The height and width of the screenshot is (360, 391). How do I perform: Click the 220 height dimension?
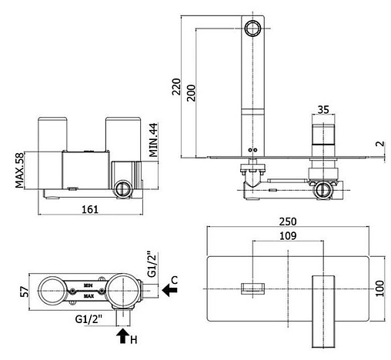tap(176, 87)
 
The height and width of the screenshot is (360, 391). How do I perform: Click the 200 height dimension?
tap(191, 93)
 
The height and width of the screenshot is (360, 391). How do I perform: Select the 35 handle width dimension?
tap(323, 109)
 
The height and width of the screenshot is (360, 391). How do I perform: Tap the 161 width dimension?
tap(90, 209)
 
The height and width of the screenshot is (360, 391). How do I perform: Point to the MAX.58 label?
tap(19, 170)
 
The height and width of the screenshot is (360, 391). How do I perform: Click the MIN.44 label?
tap(154, 140)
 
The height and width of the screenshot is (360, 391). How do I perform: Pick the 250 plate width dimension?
tap(288, 222)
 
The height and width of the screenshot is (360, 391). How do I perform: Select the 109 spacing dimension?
tap(288, 235)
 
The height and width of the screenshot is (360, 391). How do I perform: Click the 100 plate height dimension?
tap(380, 288)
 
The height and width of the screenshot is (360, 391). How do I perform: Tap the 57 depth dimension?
tap(25, 292)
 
